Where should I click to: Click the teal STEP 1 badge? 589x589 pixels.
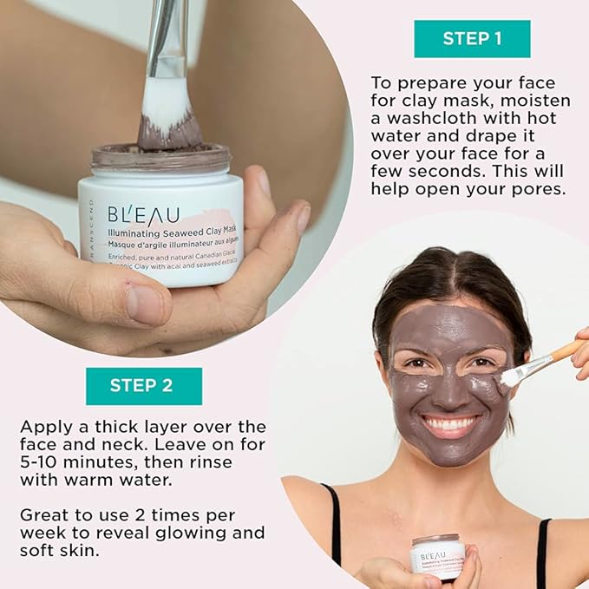472,38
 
